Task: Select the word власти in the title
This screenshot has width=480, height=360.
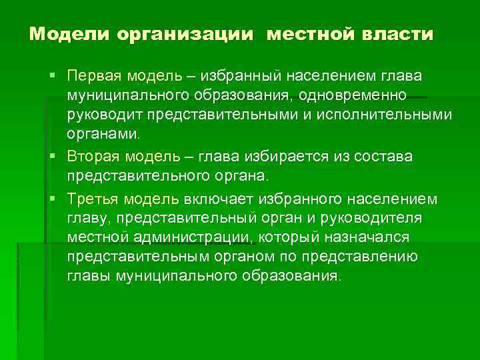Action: [x=399, y=33]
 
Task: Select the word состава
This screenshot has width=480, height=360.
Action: [x=386, y=155]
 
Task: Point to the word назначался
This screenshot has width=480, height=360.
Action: [x=374, y=237]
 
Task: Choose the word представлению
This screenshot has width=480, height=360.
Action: [x=360, y=257]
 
